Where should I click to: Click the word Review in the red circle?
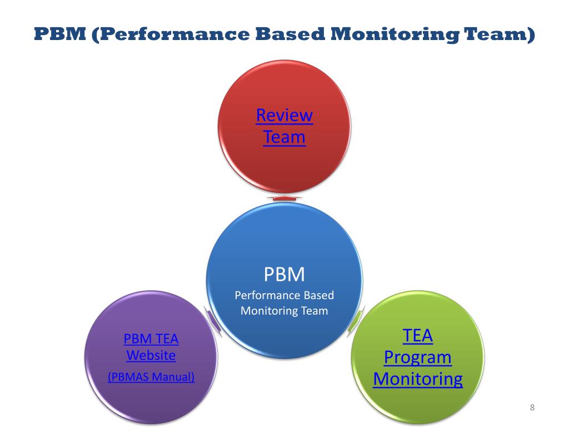click(x=284, y=116)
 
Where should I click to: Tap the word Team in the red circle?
click(x=284, y=137)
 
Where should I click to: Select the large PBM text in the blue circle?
click(x=284, y=274)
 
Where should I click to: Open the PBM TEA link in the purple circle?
click(x=151, y=339)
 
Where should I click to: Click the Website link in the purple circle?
click(x=151, y=355)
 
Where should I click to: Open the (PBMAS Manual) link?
click(x=151, y=376)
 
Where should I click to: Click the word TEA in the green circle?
click(x=417, y=336)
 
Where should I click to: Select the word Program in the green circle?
click(x=417, y=357)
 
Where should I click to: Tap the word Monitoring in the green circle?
click(x=417, y=379)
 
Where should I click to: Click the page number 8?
click(x=532, y=408)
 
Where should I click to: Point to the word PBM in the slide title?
click(x=59, y=34)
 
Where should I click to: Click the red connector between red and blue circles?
click(x=284, y=198)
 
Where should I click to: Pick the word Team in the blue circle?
click(x=314, y=311)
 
